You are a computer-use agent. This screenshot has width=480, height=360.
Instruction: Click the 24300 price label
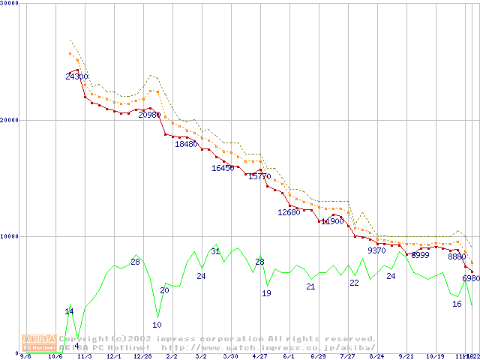coord(76,76)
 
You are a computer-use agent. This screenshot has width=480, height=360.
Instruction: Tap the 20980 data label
coord(149,115)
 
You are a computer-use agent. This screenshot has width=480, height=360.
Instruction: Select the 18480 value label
coord(186,144)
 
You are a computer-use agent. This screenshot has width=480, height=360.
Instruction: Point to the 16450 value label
coord(223,168)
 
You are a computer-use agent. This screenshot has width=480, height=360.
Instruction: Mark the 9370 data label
coord(376,250)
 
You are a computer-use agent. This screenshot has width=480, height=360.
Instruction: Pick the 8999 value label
coord(421,255)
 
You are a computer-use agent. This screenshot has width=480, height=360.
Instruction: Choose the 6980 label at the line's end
coord(471,278)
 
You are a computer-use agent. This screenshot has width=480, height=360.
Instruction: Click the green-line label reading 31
coord(215,251)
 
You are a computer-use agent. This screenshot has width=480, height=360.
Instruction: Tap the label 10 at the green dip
coord(157,325)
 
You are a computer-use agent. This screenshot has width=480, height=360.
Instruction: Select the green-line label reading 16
coord(457,304)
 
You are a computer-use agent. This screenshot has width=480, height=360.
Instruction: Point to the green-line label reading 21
coord(310,286)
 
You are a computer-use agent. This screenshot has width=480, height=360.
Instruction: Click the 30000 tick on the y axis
coord(10,4)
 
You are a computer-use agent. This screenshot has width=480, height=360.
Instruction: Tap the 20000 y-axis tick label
coord(10,120)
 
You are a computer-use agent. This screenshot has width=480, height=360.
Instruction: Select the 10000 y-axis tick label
coord(10,236)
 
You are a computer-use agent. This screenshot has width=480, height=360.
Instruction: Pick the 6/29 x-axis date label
coord(318,356)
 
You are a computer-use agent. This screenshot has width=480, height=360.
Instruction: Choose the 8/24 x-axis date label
coord(376,356)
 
